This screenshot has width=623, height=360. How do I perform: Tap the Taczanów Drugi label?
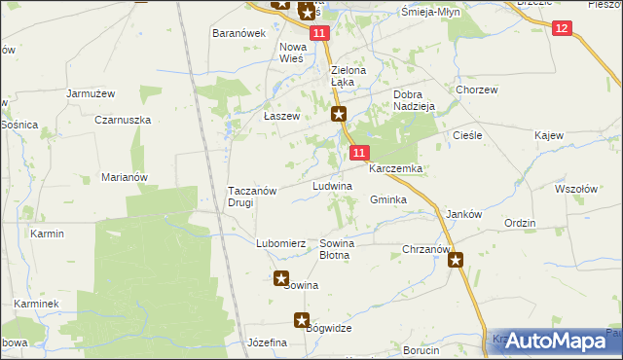pyautogui.click(x=253, y=197)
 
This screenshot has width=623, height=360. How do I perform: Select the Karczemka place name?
pyautogui.click(x=394, y=168)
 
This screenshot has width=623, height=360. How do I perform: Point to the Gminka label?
pyautogui.click(x=387, y=199)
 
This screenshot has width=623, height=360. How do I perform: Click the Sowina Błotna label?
pyautogui.click(x=336, y=249)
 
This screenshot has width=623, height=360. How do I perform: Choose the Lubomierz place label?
pyautogui.click(x=281, y=243)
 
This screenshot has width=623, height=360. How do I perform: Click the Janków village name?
pyautogui.click(x=463, y=214)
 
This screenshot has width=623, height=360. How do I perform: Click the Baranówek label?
pyautogui.click(x=239, y=33)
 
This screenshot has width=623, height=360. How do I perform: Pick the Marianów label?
pyautogui.click(x=124, y=177)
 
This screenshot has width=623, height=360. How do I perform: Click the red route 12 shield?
pyautogui.click(x=562, y=28)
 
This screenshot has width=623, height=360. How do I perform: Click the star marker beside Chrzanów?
pyautogui.click(x=456, y=260)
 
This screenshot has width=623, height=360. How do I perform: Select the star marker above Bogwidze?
pyautogui.click(x=302, y=319)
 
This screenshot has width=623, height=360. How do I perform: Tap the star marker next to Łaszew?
pyautogui.click(x=339, y=115)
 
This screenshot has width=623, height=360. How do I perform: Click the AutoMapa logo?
pyautogui.click(x=553, y=342)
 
